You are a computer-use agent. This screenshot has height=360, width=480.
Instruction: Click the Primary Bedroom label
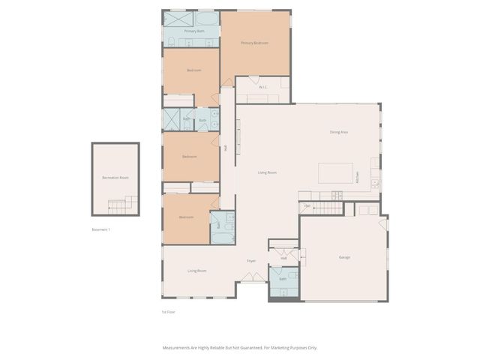click(x=254, y=43)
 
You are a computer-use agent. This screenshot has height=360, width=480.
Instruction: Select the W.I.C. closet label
click(x=263, y=87)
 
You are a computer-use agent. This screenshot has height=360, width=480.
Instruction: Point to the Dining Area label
click(x=339, y=132)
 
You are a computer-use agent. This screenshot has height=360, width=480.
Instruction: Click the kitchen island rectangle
click(x=336, y=173)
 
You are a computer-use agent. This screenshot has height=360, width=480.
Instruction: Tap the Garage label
click(x=344, y=257)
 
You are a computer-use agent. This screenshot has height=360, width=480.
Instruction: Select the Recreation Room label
click(x=115, y=178)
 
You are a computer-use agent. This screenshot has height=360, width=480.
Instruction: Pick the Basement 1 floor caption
click(x=101, y=229)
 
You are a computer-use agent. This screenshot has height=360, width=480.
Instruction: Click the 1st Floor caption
click(x=169, y=311)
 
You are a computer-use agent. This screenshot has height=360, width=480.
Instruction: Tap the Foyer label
click(x=252, y=261)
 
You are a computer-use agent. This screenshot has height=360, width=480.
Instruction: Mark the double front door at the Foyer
click(x=252, y=277)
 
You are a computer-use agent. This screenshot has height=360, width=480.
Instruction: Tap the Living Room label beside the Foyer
click(x=196, y=271)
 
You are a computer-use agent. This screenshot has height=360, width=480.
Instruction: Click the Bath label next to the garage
click(x=283, y=279)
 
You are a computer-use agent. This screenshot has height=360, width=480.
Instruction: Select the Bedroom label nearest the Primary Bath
click(x=193, y=70)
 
